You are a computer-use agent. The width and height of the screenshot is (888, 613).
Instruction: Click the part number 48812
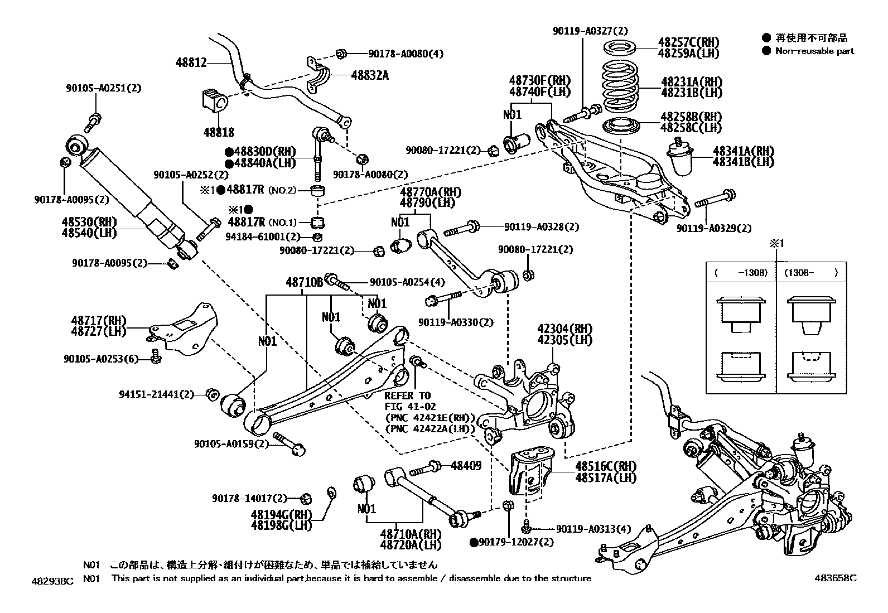191,62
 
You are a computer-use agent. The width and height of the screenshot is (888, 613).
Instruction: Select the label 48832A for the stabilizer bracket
370,75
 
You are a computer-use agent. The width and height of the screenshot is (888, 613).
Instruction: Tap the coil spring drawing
620,86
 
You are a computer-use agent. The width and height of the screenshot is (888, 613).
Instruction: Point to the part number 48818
219,132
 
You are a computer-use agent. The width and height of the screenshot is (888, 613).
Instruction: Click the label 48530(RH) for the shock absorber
89,221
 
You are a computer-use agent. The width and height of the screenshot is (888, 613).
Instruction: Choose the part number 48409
466,466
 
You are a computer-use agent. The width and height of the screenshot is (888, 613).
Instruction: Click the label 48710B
305,282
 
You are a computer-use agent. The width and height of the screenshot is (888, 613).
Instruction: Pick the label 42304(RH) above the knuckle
564,329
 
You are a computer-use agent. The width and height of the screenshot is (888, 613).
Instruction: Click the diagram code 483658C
836,578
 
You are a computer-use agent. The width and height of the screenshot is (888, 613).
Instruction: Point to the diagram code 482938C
52,581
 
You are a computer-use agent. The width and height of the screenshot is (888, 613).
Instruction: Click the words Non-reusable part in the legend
815,51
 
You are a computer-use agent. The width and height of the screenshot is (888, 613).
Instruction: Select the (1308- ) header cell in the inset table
811,272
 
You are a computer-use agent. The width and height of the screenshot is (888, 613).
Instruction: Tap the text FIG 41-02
411,407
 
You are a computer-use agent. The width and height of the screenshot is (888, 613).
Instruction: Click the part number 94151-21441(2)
157,394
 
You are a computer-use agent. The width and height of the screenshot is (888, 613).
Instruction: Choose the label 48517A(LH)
606,477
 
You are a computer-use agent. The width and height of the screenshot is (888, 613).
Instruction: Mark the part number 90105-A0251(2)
103,88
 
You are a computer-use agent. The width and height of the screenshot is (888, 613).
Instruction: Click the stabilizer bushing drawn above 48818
214,101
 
